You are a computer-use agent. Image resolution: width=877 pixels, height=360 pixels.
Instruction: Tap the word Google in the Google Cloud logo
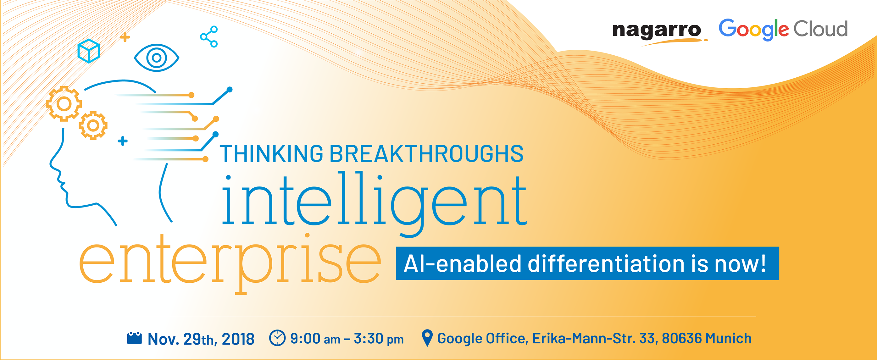[x=753, y=30]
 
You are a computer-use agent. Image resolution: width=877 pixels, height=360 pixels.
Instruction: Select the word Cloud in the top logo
[x=820, y=29]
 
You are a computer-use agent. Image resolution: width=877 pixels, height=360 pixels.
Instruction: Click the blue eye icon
[x=157, y=58]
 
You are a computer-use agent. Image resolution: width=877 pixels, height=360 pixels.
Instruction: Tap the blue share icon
[x=209, y=36]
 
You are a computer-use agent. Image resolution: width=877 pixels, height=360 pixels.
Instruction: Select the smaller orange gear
[x=93, y=125]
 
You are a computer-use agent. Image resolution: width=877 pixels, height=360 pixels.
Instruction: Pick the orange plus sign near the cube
[x=125, y=37]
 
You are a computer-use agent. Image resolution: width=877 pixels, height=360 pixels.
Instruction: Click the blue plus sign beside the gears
[x=123, y=141]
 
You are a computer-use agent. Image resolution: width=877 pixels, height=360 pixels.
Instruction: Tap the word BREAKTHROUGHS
[x=426, y=154]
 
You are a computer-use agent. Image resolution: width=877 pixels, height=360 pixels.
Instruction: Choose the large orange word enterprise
[x=230, y=262]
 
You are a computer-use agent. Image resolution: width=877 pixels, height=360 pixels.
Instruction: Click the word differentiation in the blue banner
[x=606, y=264]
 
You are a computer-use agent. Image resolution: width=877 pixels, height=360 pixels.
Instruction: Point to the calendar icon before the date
[x=134, y=338]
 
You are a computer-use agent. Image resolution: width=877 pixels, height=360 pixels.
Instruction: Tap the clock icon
[x=277, y=338]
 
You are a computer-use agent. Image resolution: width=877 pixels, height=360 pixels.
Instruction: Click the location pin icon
[x=427, y=338]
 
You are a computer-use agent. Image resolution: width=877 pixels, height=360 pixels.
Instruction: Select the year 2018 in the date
[x=238, y=339]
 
